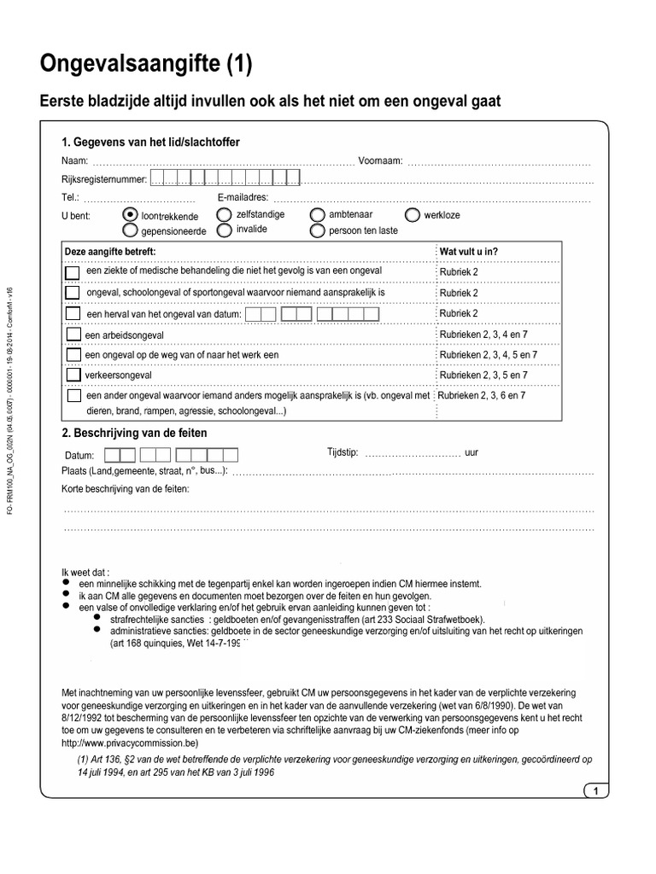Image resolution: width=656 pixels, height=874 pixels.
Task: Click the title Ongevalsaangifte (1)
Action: click(x=146, y=64)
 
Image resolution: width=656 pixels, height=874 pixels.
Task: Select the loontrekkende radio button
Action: click(x=130, y=215)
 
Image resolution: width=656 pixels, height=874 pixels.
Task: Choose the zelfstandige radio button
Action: click(x=224, y=214)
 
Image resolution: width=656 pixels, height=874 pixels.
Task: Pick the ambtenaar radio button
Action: click(x=317, y=215)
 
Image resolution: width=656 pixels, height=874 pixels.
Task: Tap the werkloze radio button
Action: click(x=413, y=215)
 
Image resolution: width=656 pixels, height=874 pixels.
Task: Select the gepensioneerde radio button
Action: click(x=130, y=230)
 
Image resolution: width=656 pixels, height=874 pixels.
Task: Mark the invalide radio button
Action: click(x=224, y=230)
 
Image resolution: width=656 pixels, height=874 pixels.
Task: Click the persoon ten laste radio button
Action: click(x=317, y=230)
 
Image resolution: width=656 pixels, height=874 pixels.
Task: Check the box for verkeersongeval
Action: click(x=73, y=375)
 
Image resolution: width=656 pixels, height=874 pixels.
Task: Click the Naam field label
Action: click(x=75, y=160)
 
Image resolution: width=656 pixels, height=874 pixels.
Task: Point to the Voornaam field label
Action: click(x=381, y=160)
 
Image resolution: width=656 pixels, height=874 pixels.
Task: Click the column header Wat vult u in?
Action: click(x=469, y=252)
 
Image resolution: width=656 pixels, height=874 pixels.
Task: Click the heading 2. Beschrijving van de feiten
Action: click(x=134, y=433)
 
